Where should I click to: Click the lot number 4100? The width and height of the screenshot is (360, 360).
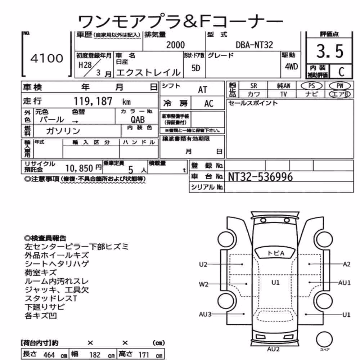(x=47, y=58)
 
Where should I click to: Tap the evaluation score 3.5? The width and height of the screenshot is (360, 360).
(x=330, y=51)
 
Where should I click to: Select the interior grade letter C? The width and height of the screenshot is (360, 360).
(x=341, y=72)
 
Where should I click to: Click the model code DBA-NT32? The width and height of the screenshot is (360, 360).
(x=255, y=45)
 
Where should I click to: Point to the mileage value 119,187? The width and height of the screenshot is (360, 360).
(x=93, y=101)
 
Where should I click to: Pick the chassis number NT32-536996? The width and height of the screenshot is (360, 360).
(x=260, y=177)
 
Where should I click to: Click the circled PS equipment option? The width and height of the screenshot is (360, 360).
(x=311, y=86)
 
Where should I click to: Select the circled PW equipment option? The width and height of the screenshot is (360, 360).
(x=340, y=86)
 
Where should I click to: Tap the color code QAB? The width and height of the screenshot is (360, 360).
(x=138, y=120)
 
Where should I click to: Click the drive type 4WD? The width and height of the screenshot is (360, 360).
(x=291, y=67)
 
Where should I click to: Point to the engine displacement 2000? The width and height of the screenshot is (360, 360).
(x=175, y=45)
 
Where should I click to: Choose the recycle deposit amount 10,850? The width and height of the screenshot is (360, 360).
(x=79, y=168)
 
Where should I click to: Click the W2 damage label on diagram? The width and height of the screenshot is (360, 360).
(x=203, y=284)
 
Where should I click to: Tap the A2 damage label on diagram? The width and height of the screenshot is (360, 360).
(x=347, y=264)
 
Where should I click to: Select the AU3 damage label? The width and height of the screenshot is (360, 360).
(x=205, y=314)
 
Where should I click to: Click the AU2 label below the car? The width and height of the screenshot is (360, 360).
(x=274, y=349)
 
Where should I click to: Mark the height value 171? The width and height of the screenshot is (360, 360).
(x=144, y=355)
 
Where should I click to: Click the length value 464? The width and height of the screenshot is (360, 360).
(x=49, y=355)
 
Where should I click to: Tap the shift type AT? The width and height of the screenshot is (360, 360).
(x=202, y=90)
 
